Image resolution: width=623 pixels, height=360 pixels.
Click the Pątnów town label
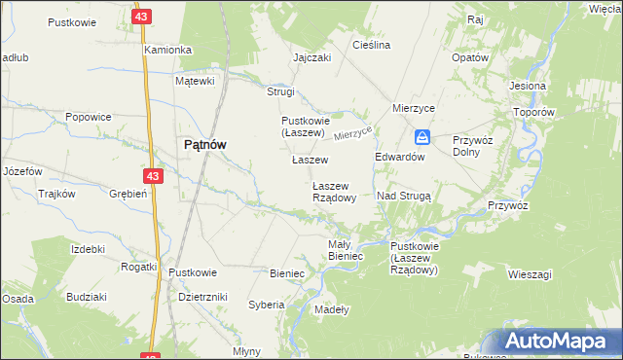tap(205, 144)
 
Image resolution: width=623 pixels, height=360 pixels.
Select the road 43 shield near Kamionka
tap(142, 18)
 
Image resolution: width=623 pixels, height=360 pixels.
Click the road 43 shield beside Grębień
tap(152, 175)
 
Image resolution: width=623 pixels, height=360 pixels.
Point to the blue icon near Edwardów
tap(421, 137)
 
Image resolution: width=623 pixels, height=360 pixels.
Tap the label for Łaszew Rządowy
tap(340, 191)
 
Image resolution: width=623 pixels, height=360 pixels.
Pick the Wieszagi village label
tap(530, 274)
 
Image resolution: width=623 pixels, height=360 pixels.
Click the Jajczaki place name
tap(312, 57)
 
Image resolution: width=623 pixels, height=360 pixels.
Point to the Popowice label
tap(88, 117)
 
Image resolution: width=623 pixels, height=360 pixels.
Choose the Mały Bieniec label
tap(346, 250)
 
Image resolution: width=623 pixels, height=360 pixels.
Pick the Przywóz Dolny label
tap(473, 146)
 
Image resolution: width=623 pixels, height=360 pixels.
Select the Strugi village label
tap(280, 91)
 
